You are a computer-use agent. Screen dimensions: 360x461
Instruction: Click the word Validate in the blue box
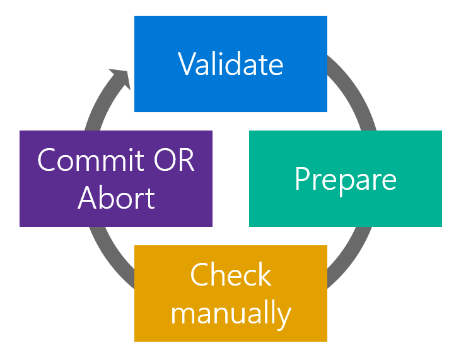pyautogui.click(x=231, y=64)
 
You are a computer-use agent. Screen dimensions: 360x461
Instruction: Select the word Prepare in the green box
pyautogui.click(x=346, y=179)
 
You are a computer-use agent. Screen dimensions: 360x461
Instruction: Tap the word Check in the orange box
pyautogui.click(x=231, y=276)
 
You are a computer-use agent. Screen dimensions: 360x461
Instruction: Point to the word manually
pyautogui.click(x=231, y=312)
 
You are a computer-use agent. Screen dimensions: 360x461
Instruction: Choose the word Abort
pyautogui.click(x=116, y=198)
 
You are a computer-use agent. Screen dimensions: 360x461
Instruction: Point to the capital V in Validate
pyautogui.click(x=187, y=64)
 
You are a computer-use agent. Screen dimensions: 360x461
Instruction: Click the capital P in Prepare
pyautogui.click(x=303, y=179)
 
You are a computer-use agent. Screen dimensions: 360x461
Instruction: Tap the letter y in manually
pyautogui.click(x=285, y=315)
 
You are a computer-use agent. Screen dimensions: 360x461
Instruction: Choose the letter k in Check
pyautogui.click(x=265, y=276)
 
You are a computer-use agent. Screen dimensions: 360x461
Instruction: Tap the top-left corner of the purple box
pyautogui.click(x=20, y=131)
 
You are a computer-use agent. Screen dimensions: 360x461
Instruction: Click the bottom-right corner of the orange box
pyautogui.click(x=326, y=340)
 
